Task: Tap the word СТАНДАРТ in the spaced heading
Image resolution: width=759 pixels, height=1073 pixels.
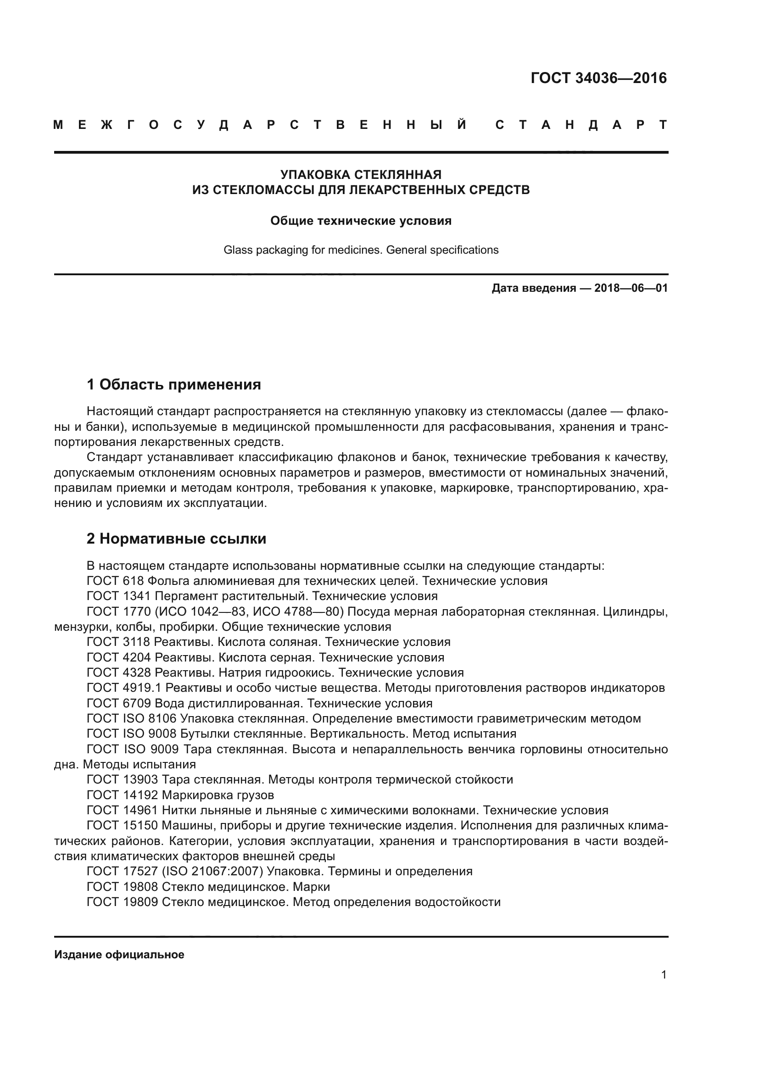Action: pos(581,125)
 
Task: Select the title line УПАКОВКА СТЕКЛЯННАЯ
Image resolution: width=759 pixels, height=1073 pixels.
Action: pos(361,175)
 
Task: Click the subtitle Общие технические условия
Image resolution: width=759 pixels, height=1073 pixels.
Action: pos(361,221)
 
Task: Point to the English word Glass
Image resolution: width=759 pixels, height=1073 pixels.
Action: pos(238,250)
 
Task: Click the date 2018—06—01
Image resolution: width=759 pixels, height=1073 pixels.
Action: pos(631,288)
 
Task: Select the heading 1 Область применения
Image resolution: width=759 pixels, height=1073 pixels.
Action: pos(173,384)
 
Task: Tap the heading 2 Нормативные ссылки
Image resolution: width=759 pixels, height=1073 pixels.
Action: pos(176,539)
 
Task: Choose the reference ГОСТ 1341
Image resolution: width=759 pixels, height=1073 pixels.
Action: pos(119,596)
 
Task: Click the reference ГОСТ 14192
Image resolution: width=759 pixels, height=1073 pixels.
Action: pos(123,795)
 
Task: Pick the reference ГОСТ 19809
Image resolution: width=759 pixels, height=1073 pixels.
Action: pos(123,902)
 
